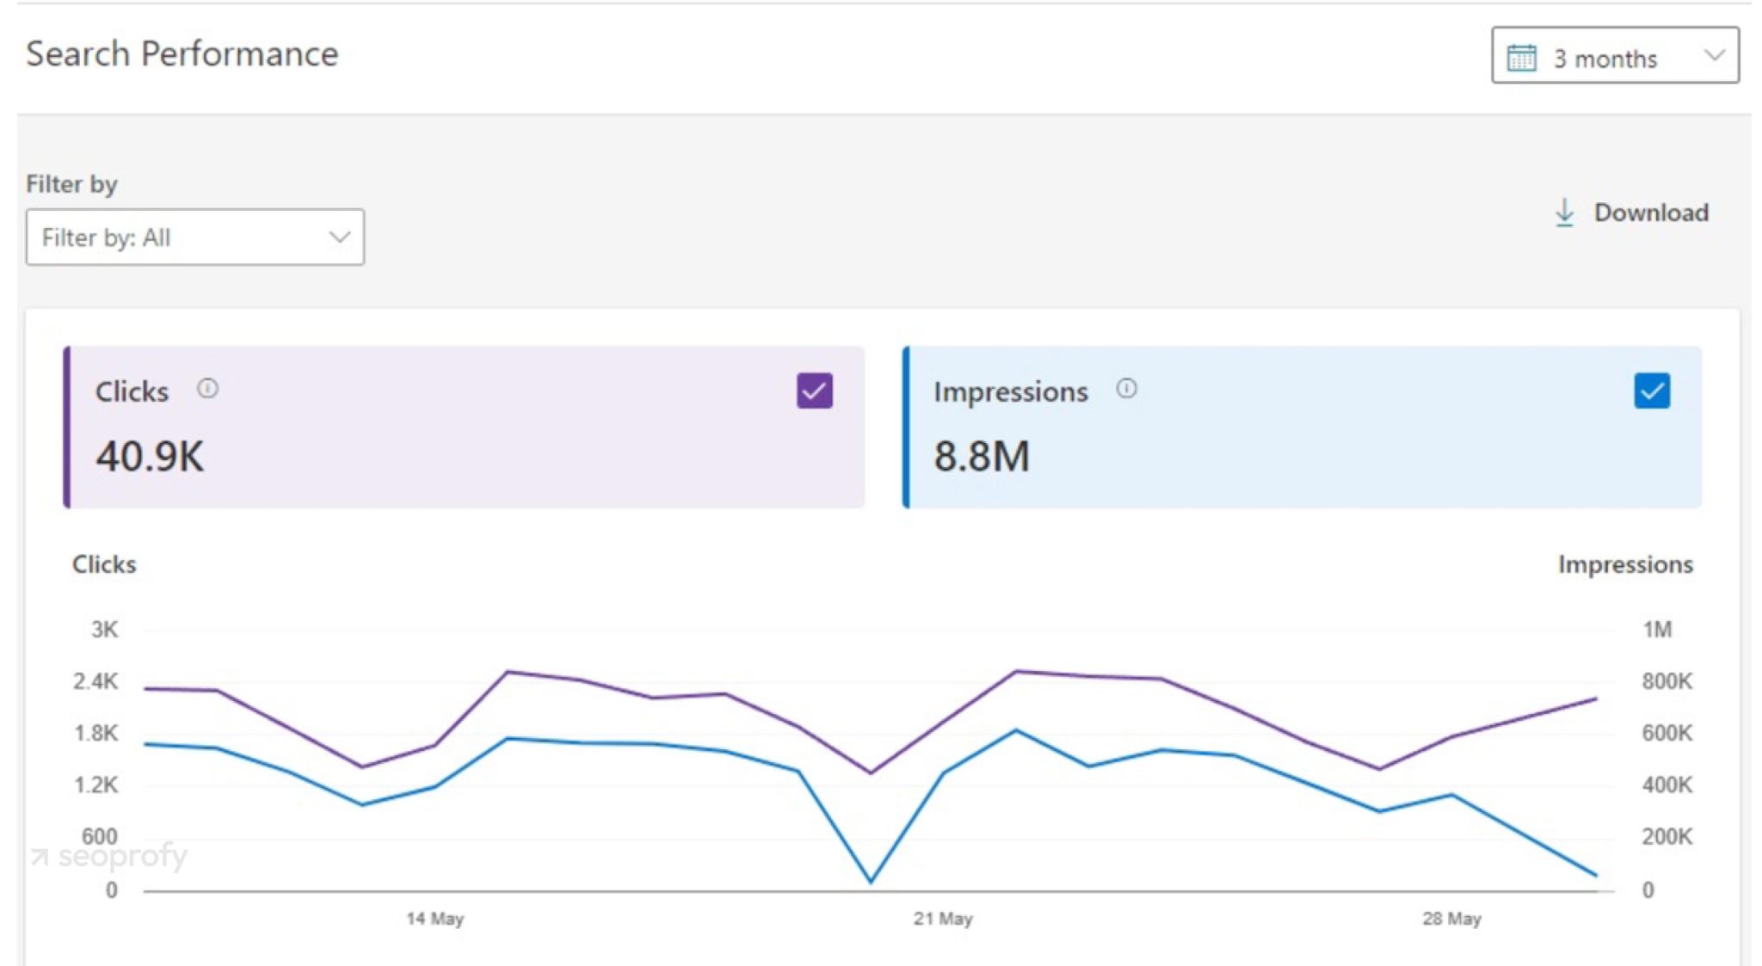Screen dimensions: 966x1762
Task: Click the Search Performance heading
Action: pyautogui.click(x=182, y=53)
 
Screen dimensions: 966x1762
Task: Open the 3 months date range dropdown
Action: pyautogui.click(x=1615, y=57)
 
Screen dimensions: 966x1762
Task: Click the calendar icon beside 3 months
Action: pyautogui.click(x=1521, y=58)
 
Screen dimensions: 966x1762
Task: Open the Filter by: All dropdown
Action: pyautogui.click(x=194, y=237)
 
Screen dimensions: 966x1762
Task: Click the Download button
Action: pyautogui.click(x=1632, y=212)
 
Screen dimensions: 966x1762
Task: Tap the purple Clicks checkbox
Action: pyautogui.click(x=814, y=391)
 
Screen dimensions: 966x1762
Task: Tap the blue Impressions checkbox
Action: pyautogui.click(x=1651, y=391)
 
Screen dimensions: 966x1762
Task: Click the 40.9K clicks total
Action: pyautogui.click(x=150, y=456)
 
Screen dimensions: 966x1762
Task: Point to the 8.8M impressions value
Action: pyautogui.click(x=982, y=456)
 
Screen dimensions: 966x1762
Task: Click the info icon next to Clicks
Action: pyautogui.click(x=207, y=389)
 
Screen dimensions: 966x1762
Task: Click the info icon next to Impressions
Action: pyautogui.click(x=1126, y=389)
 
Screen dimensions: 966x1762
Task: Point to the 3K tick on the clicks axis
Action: pyautogui.click(x=104, y=630)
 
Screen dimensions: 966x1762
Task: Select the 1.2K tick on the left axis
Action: pyautogui.click(x=95, y=784)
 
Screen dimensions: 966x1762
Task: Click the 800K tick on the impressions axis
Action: pyautogui.click(x=1667, y=681)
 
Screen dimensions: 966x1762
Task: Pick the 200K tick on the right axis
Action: pyautogui.click(x=1667, y=836)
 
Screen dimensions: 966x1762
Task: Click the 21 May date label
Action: pyautogui.click(x=943, y=919)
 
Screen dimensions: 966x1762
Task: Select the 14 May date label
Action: pyautogui.click(x=434, y=919)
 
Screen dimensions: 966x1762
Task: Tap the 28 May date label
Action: pyautogui.click(x=1451, y=919)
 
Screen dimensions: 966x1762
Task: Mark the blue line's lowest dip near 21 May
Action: pyautogui.click(x=871, y=881)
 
